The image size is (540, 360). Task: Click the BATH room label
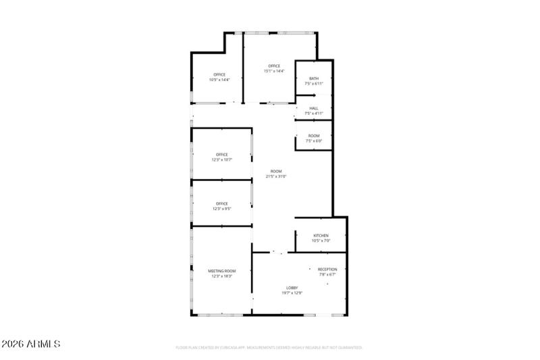tap(314, 78)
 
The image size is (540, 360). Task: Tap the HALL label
tap(314, 108)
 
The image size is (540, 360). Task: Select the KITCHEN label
tap(321, 236)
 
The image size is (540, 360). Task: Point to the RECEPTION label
tap(327, 269)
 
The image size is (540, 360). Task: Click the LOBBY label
tap(292, 288)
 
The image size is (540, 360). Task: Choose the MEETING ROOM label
tap(221, 271)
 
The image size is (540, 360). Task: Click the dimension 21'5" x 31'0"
tap(276, 176)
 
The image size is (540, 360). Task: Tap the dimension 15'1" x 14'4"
tap(273, 71)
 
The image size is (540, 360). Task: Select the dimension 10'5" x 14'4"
tap(219, 80)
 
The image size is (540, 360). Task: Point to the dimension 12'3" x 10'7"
tap(221, 159)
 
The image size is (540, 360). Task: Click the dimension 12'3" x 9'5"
tap(221, 209)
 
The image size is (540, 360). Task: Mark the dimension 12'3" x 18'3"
tap(221, 276)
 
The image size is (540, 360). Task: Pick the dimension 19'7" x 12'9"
tap(292, 293)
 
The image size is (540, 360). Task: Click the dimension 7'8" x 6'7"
tap(327, 275)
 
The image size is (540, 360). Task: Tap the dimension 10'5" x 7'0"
tap(321, 241)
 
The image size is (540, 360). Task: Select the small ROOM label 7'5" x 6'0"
tap(314, 136)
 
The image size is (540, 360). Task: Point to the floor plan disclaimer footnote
tap(269, 348)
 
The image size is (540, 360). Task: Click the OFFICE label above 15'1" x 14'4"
tap(273, 66)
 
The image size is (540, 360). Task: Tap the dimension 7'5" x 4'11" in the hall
tap(314, 113)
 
